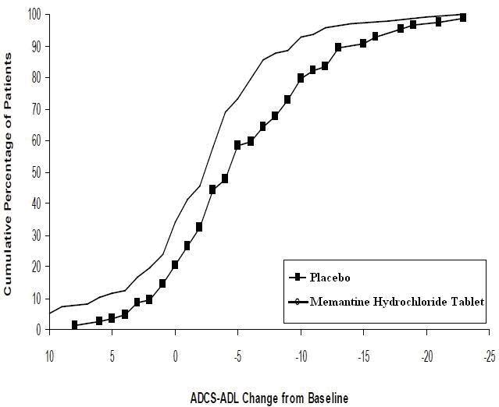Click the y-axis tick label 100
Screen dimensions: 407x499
[34, 13]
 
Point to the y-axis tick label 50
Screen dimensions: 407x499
[36, 172]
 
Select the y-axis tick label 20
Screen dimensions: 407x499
[36, 267]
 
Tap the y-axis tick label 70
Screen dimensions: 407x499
[36, 108]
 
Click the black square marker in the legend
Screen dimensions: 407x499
[298, 278]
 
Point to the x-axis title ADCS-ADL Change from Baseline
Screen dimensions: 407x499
[269, 398]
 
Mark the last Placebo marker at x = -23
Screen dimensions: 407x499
[463, 17]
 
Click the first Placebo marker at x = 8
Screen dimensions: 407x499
[74, 324]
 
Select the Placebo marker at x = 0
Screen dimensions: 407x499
[175, 264]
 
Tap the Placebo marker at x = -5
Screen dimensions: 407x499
[237, 145]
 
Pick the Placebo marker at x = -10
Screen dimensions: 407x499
[301, 78]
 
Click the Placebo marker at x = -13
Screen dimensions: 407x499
[338, 48]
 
